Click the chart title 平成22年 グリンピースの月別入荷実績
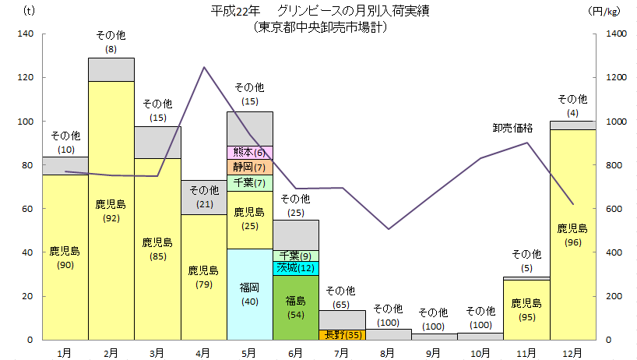(x=321, y=11)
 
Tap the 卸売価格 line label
(x=512, y=128)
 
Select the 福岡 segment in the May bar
(x=249, y=294)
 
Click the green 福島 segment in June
(x=296, y=307)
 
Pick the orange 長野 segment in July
(x=342, y=334)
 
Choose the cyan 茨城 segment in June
(x=296, y=268)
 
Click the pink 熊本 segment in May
(x=249, y=152)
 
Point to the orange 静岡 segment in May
(x=249, y=167)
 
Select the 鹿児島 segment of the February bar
(x=111, y=210)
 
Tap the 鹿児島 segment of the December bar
(x=572, y=234)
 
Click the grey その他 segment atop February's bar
(x=111, y=69)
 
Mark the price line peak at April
(x=204, y=67)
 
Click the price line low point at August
(x=389, y=229)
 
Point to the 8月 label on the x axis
(x=389, y=352)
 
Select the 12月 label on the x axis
(x=572, y=352)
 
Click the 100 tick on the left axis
(x=26, y=122)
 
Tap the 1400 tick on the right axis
(x=616, y=34)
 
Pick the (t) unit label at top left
(x=30, y=11)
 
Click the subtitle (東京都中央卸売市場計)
(x=321, y=26)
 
